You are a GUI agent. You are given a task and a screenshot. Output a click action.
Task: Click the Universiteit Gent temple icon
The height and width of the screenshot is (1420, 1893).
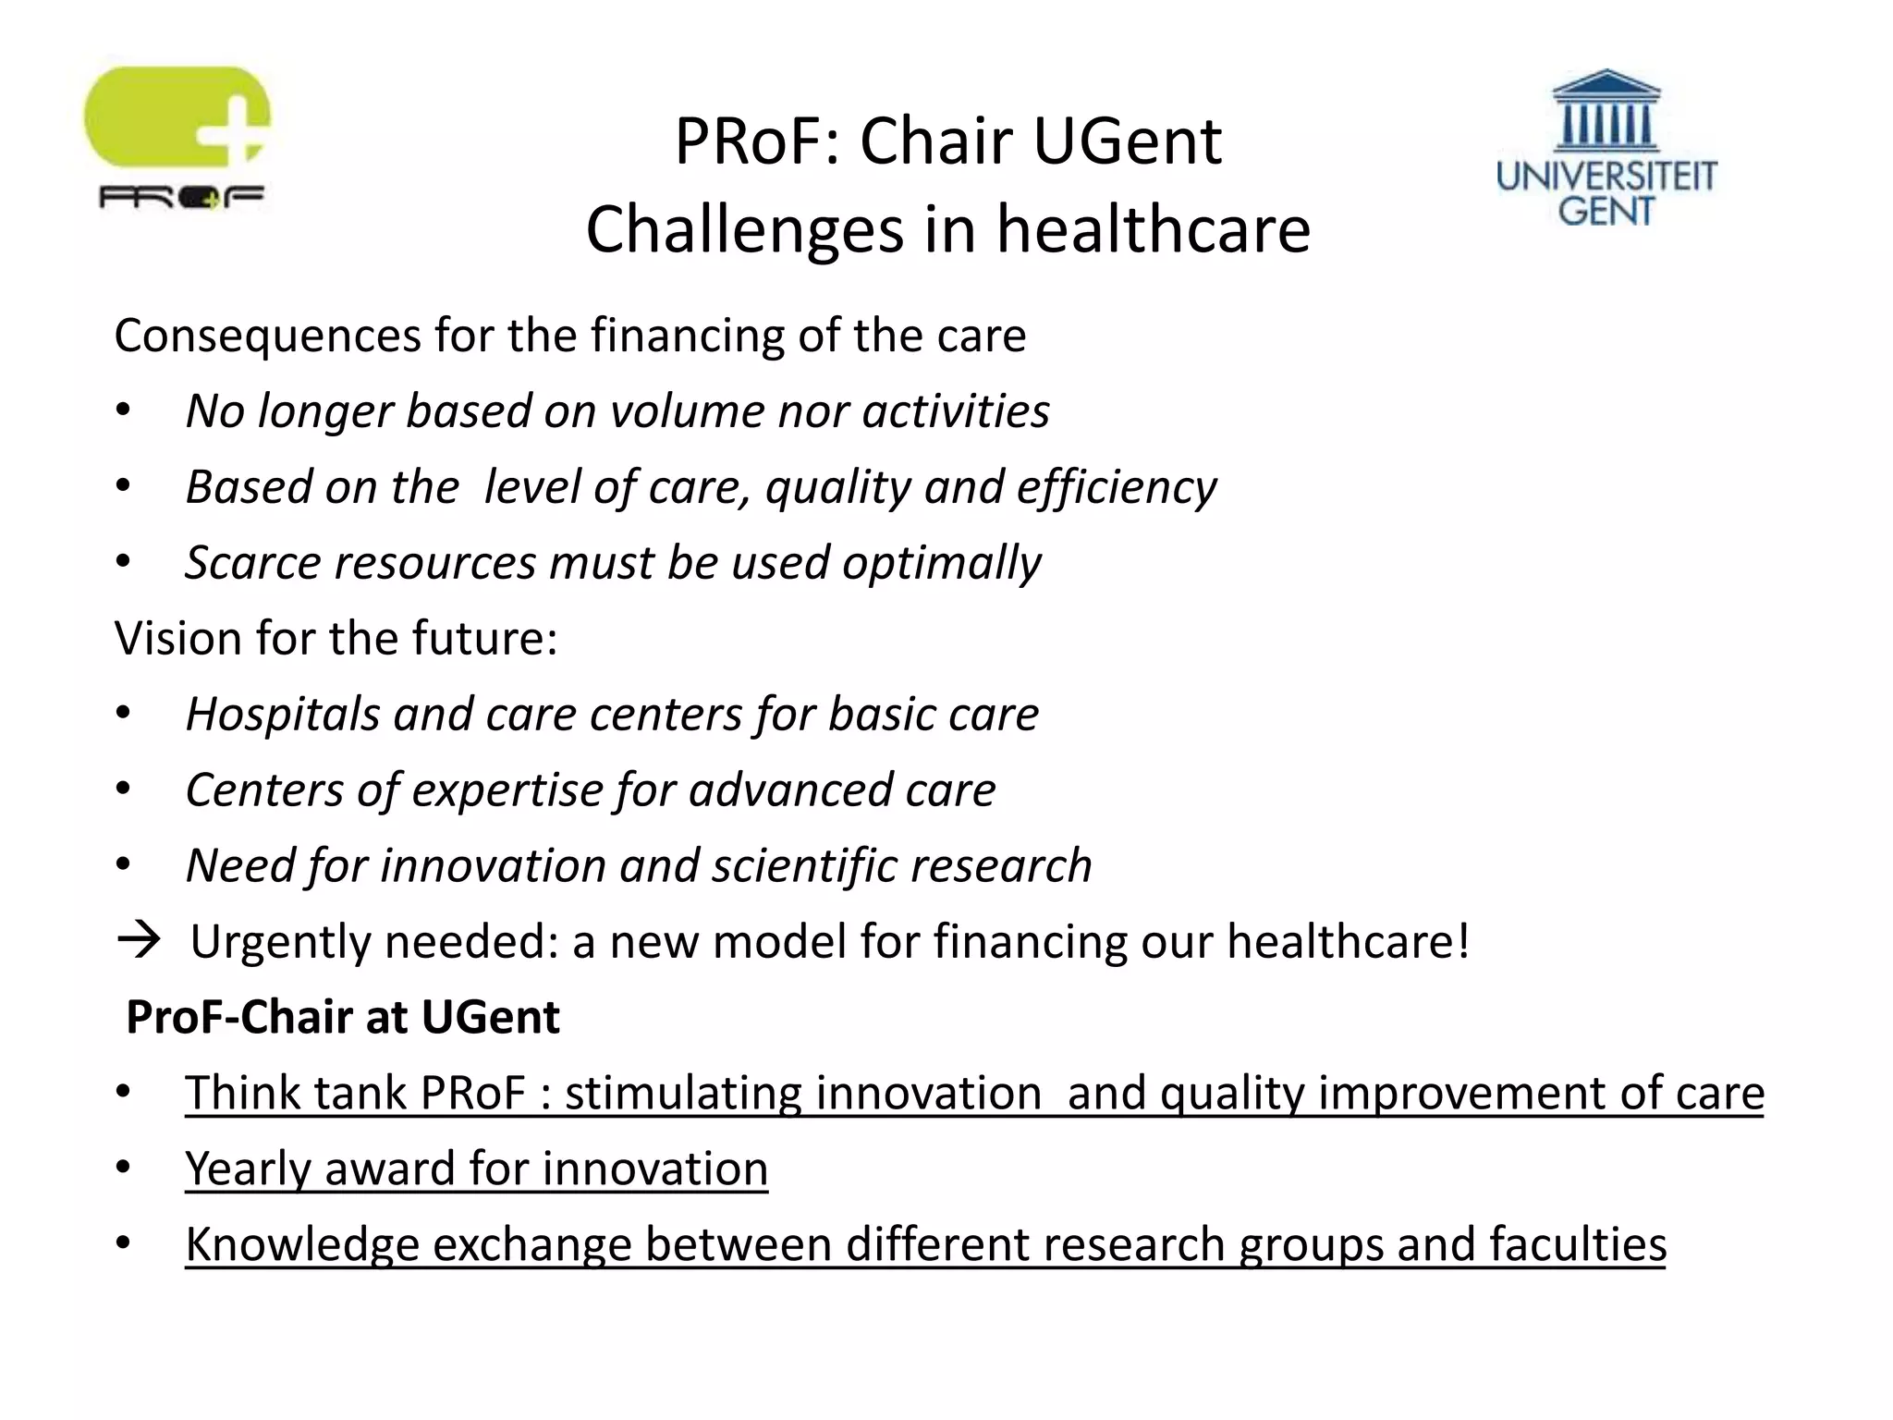1606,112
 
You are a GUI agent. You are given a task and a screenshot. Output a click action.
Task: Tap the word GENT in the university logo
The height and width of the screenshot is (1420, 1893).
1606,211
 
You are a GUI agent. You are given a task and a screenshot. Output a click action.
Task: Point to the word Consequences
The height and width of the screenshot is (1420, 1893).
267,335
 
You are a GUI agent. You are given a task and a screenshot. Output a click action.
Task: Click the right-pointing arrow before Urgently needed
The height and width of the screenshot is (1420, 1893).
139,940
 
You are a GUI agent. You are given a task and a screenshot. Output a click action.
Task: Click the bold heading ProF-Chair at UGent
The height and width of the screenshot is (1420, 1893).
342,1017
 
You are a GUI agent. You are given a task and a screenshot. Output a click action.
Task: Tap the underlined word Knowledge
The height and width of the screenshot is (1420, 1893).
301,1245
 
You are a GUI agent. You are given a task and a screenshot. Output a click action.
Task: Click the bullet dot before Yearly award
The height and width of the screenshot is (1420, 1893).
123,1168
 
